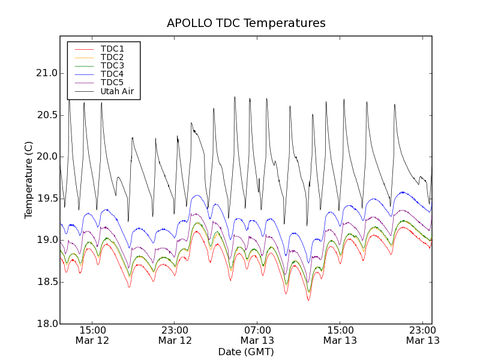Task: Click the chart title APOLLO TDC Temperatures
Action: click(246, 23)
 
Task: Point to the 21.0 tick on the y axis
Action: click(46, 73)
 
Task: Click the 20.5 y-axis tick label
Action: click(46, 115)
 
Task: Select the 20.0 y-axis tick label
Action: click(46, 157)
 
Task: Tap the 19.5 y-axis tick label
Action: click(46, 199)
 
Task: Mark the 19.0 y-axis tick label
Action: click(46, 240)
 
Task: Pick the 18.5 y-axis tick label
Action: click(46, 282)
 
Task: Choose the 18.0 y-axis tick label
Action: click(46, 324)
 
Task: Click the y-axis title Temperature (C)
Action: click(29, 180)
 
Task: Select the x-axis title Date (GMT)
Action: click(246, 352)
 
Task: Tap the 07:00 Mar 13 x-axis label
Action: click(257, 335)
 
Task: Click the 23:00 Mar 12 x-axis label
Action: click(175, 335)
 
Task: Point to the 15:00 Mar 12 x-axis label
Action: click(92, 335)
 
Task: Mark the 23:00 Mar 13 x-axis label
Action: click(422, 335)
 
